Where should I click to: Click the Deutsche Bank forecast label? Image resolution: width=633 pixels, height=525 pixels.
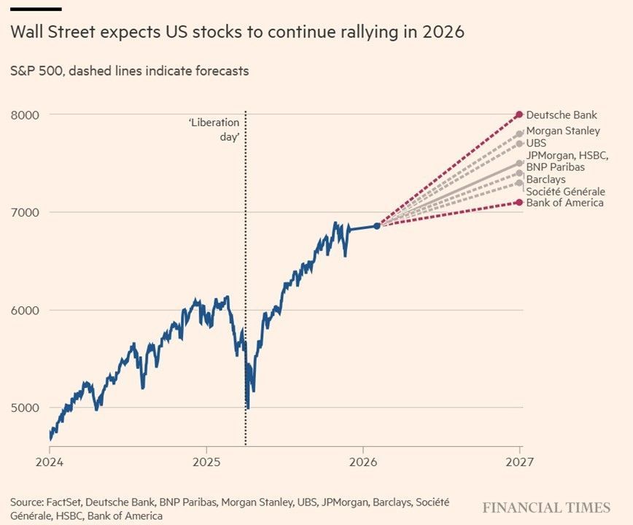pyautogui.click(x=562, y=114)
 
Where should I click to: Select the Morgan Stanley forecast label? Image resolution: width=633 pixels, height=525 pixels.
pyautogui.click(x=563, y=131)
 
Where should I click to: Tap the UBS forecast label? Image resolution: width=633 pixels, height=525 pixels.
pyautogui.click(x=536, y=144)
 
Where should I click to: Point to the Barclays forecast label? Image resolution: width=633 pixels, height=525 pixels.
pyautogui.click(x=545, y=179)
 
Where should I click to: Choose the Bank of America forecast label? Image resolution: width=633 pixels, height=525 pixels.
pyautogui.click(x=564, y=202)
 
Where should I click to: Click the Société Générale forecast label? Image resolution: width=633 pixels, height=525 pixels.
pyautogui.click(x=565, y=191)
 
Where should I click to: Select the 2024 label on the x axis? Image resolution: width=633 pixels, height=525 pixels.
pyautogui.click(x=49, y=462)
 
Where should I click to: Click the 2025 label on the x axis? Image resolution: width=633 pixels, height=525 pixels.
pyautogui.click(x=206, y=462)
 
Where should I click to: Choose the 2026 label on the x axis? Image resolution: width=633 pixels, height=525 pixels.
pyautogui.click(x=362, y=462)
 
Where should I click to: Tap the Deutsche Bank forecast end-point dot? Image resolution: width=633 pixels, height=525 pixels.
pyautogui.click(x=519, y=114)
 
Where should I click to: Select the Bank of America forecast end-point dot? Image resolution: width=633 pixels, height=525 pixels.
pyautogui.click(x=519, y=202)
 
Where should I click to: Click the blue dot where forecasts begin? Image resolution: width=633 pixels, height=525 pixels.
pyautogui.click(x=377, y=226)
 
